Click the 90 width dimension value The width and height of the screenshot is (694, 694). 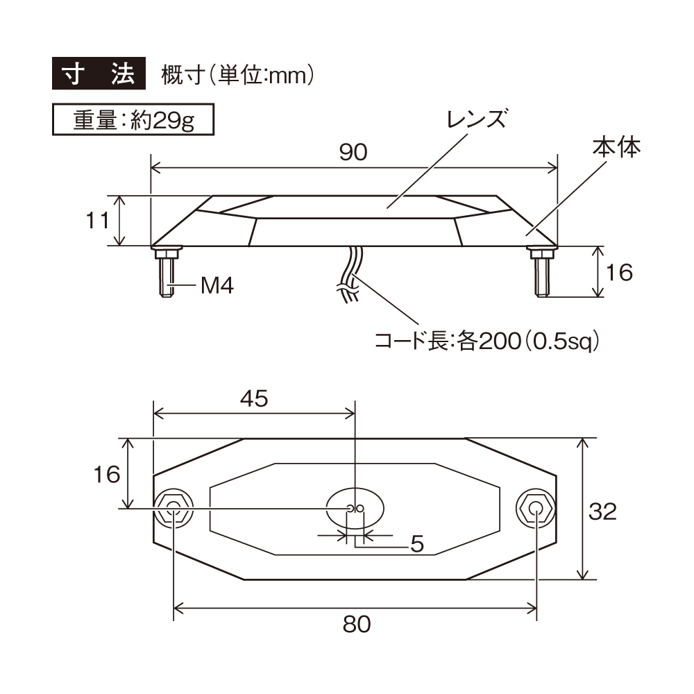tap(353, 152)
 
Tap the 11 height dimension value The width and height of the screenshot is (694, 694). tap(97, 221)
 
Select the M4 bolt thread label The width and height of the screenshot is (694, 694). tap(217, 285)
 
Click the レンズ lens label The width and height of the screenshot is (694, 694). tap(477, 119)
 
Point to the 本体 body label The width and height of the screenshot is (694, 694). tap(616, 147)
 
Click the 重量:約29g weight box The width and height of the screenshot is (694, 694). tap(133, 119)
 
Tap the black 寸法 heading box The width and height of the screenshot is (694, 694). tap(99, 74)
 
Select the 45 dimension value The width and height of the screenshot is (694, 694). tap(254, 398)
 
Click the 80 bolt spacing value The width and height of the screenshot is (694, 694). tap(357, 625)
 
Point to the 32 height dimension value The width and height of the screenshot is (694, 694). tap(602, 511)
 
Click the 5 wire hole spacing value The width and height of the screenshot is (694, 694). tap(417, 544)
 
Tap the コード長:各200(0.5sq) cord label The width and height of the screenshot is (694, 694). tap(487, 341)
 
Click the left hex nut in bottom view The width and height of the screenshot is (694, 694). tap(173, 509)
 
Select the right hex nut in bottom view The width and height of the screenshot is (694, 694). tap(536, 509)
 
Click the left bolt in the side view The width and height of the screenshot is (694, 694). tap(167, 271)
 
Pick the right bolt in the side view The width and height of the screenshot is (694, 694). tap(541, 271)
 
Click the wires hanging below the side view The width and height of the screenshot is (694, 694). tap(350, 274)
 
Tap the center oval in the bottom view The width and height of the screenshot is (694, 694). tap(355, 509)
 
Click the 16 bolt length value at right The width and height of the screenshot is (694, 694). tap(619, 272)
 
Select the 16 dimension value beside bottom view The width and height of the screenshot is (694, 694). tap(107, 475)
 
